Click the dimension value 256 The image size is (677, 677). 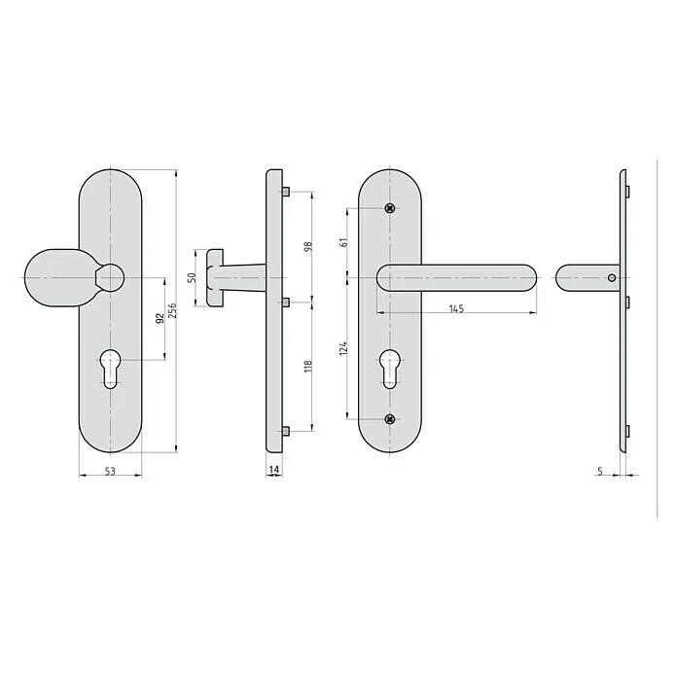coord(172,310)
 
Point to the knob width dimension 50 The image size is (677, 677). coord(193,277)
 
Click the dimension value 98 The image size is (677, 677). coord(307,246)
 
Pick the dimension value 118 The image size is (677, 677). coord(307,365)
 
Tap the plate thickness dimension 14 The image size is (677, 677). coord(274,470)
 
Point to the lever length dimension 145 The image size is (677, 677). coord(456,308)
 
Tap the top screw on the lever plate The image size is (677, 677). coord(389,208)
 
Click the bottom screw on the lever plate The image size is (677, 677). coord(389,419)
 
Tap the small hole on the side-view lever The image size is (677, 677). coord(610,278)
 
